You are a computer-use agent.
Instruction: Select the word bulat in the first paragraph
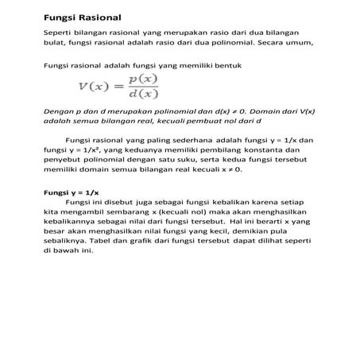click(x=54, y=44)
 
